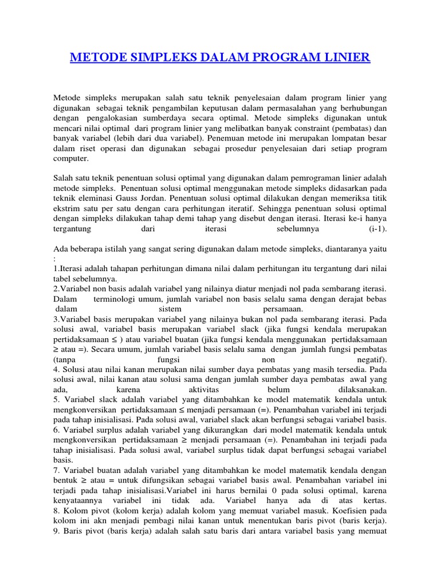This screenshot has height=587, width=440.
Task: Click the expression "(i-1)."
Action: click(378, 229)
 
